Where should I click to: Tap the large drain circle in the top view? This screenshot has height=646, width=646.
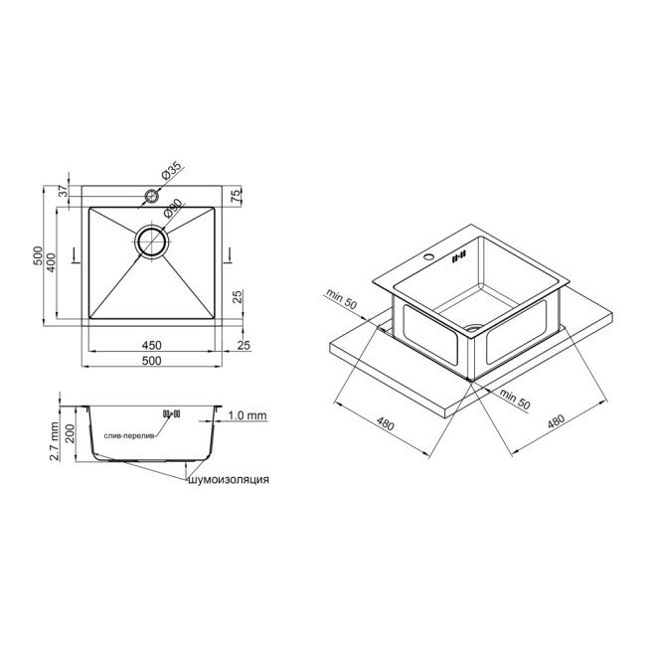[152, 242]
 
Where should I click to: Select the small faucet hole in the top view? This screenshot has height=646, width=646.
[152, 196]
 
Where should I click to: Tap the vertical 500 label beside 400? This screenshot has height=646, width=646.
[38, 256]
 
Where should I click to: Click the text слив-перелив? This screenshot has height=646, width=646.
[127, 434]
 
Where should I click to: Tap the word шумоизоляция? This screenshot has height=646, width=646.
[227, 480]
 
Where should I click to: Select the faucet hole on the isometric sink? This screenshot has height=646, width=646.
[430, 259]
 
